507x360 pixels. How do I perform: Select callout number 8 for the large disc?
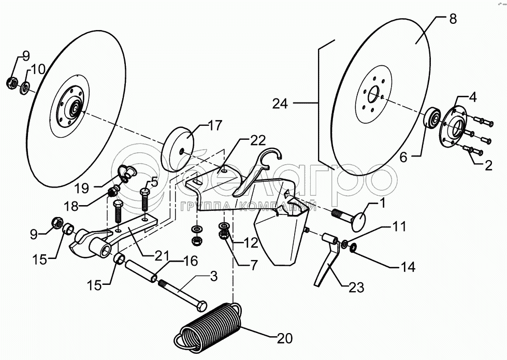click(453, 19)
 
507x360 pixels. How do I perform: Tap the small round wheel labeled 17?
click(178, 149)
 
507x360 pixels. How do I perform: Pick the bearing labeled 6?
click(432, 119)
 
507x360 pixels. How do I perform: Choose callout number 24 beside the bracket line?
click(280, 104)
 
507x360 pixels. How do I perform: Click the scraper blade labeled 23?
click(327, 260)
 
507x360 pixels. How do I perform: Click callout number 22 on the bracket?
click(257, 140)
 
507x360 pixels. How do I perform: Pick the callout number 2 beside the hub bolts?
click(488, 166)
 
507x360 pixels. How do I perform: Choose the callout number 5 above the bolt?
click(154, 182)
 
